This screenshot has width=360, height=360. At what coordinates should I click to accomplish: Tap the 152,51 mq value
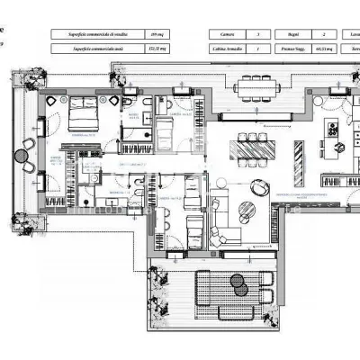(157, 51)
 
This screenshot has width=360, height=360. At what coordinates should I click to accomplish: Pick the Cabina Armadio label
(227, 51)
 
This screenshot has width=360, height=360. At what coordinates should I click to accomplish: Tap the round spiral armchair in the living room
(259, 187)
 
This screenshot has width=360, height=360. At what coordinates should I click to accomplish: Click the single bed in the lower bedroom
(194, 234)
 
